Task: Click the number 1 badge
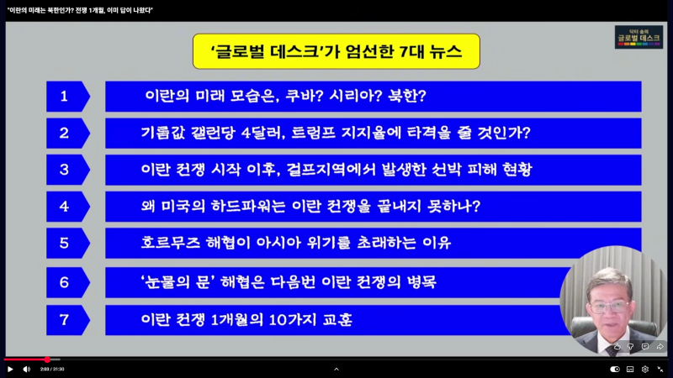click(x=65, y=96)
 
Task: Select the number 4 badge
click(x=65, y=207)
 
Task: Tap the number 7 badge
click(x=65, y=320)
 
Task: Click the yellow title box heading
click(x=336, y=51)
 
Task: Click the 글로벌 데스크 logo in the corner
click(x=639, y=37)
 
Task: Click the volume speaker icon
click(x=26, y=369)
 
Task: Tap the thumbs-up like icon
click(x=617, y=346)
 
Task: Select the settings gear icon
click(x=645, y=369)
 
